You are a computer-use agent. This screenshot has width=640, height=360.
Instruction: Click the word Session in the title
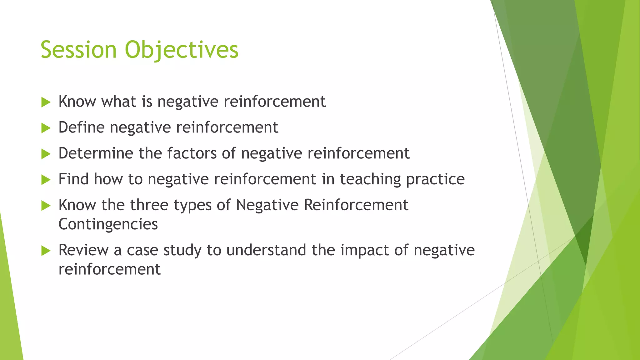click(78, 50)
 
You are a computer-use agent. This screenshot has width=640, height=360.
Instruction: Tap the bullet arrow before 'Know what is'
click(46, 102)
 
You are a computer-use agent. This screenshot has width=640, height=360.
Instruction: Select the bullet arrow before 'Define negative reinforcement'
click(46, 128)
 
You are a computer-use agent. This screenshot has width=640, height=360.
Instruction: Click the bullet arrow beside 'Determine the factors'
click(46, 154)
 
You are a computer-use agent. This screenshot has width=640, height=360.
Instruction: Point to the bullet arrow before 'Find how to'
click(46, 180)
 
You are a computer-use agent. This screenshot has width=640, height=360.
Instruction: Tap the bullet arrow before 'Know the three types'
click(46, 206)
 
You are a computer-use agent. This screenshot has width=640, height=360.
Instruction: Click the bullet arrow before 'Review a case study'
click(46, 251)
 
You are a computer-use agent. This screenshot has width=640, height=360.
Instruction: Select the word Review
click(83, 250)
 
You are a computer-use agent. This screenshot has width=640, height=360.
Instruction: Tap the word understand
click(266, 250)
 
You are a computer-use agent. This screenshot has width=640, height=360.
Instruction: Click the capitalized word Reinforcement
click(356, 205)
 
